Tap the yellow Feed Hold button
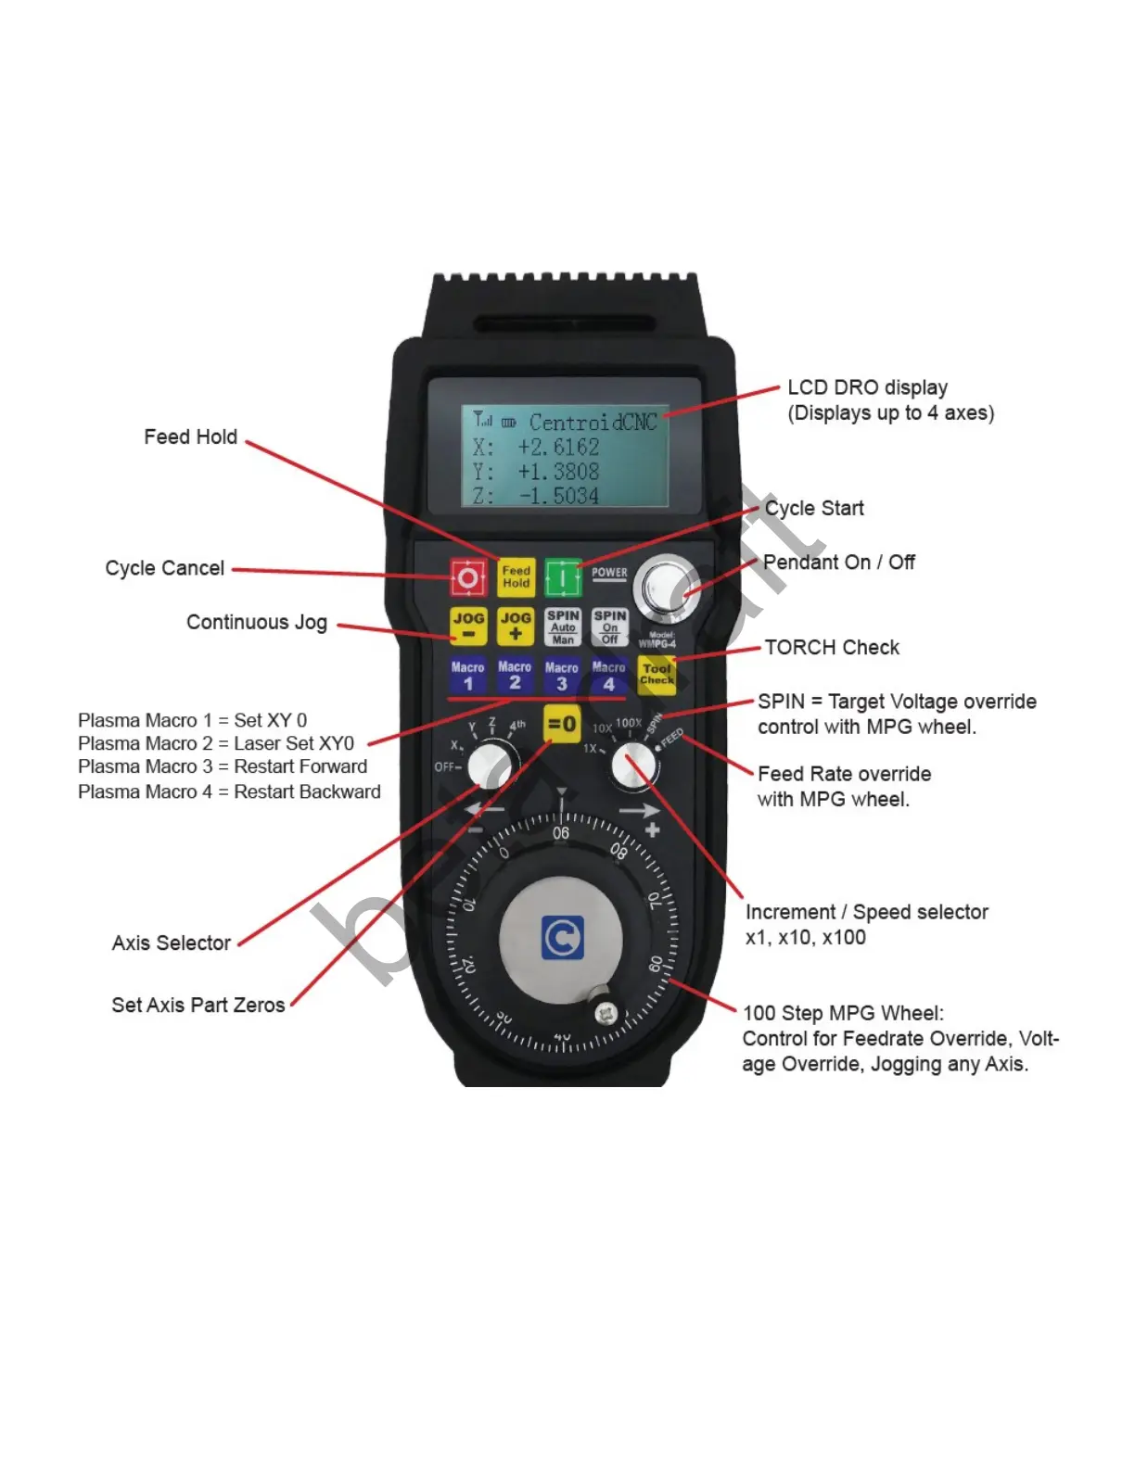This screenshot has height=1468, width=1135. tap(516, 577)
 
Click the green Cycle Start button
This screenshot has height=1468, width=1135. tap(562, 577)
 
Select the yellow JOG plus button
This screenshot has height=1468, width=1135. tap(516, 626)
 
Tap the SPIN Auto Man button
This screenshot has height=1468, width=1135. tap(563, 627)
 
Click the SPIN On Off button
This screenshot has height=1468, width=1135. tap(609, 627)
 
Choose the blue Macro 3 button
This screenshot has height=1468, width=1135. tap(561, 677)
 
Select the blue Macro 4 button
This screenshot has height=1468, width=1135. tap(608, 677)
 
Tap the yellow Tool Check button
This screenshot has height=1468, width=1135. tap(657, 675)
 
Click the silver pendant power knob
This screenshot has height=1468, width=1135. tap(667, 588)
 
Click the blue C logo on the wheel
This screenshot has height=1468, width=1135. tap(562, 938)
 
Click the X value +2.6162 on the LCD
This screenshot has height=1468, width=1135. tap(558, 447)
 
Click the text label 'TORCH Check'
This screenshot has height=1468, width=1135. tap(832, 648)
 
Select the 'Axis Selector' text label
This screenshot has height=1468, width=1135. tap(172, 943)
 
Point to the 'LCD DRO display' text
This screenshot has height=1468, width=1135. tap(867, 387)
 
